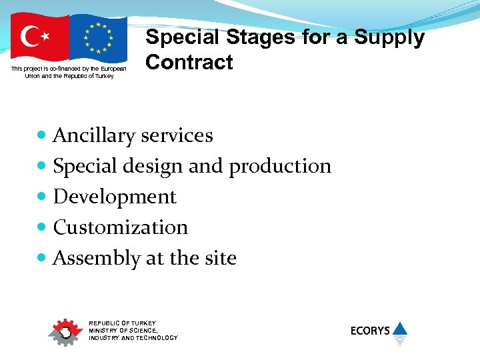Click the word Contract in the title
coord(189,63)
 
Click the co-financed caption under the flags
coord(69,72)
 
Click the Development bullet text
coord(115,197)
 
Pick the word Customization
coord(120,227)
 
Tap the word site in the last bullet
coord(221,258)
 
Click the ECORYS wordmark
coord(370,331)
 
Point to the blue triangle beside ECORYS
coord(399,328)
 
